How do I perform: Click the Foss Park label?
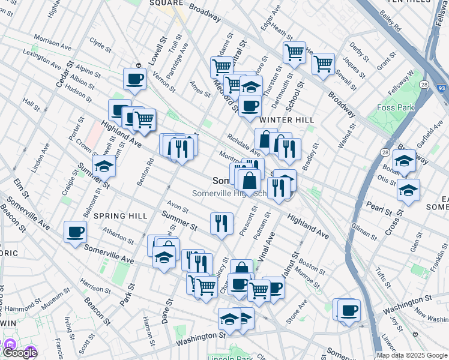point(393,107)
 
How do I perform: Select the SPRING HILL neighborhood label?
point(121,216)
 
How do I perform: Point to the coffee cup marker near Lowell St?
point(134,79)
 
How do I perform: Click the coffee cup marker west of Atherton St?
point(76,232)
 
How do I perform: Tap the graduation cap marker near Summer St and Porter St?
point(104,166)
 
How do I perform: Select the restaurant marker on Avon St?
point(221,223)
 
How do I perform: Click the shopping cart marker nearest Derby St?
point(323,64)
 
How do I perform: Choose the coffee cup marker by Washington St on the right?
point(349,310)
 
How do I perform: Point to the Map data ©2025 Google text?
point(412,355)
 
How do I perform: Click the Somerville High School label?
point(229,193)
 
